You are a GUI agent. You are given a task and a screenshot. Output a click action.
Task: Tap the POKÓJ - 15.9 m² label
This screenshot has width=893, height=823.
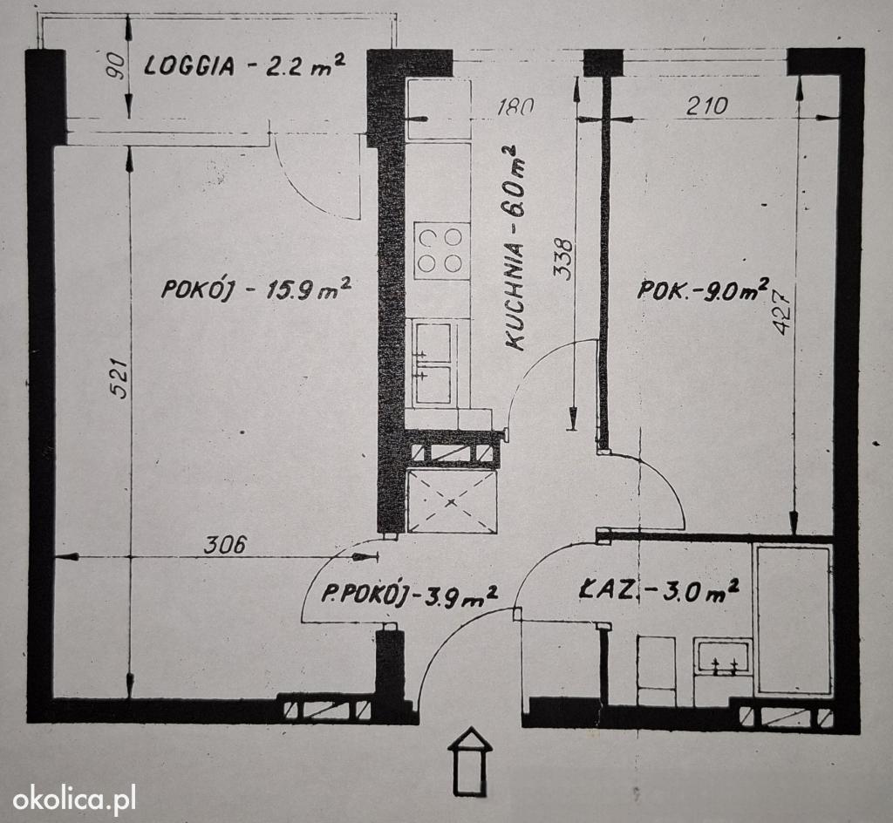(256, 289)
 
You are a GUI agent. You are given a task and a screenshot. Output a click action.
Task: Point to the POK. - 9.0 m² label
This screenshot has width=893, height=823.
(703, 289)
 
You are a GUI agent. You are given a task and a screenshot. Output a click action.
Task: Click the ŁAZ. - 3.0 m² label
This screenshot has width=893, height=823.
(658, 591)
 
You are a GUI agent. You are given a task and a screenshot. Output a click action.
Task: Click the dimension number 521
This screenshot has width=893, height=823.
(118, 377)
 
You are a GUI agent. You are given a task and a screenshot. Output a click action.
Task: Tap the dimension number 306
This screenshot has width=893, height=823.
(225, 545)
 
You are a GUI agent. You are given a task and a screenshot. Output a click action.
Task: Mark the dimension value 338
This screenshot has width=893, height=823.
(564, 259)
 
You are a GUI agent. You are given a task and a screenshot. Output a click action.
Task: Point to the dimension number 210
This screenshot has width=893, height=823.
(706, 105)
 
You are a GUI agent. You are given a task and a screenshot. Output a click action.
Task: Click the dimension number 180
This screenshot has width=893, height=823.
(515, 107)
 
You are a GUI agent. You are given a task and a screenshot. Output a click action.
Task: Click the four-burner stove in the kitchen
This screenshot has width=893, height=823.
(442, 250)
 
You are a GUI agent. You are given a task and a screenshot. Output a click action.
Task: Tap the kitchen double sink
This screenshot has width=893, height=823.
(434, 364)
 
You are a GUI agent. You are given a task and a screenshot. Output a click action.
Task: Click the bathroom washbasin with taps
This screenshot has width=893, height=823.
(722, 656)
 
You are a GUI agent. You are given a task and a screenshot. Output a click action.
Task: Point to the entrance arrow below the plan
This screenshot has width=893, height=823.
(470, 760)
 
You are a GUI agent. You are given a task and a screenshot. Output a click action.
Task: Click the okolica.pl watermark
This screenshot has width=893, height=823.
(74, 799)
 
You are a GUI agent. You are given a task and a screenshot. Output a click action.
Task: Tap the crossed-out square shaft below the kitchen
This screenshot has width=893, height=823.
(452, 501)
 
